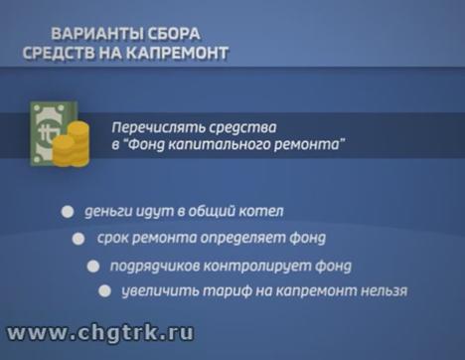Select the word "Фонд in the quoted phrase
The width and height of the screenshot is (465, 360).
point(152,145)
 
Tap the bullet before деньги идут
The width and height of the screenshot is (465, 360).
point(67,212)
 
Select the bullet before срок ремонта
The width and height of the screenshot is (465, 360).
point(79,239)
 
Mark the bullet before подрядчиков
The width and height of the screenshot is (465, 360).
point(92,266)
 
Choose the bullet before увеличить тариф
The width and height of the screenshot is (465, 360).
point(103,291)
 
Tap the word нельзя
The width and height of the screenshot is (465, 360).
point(382,291)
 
